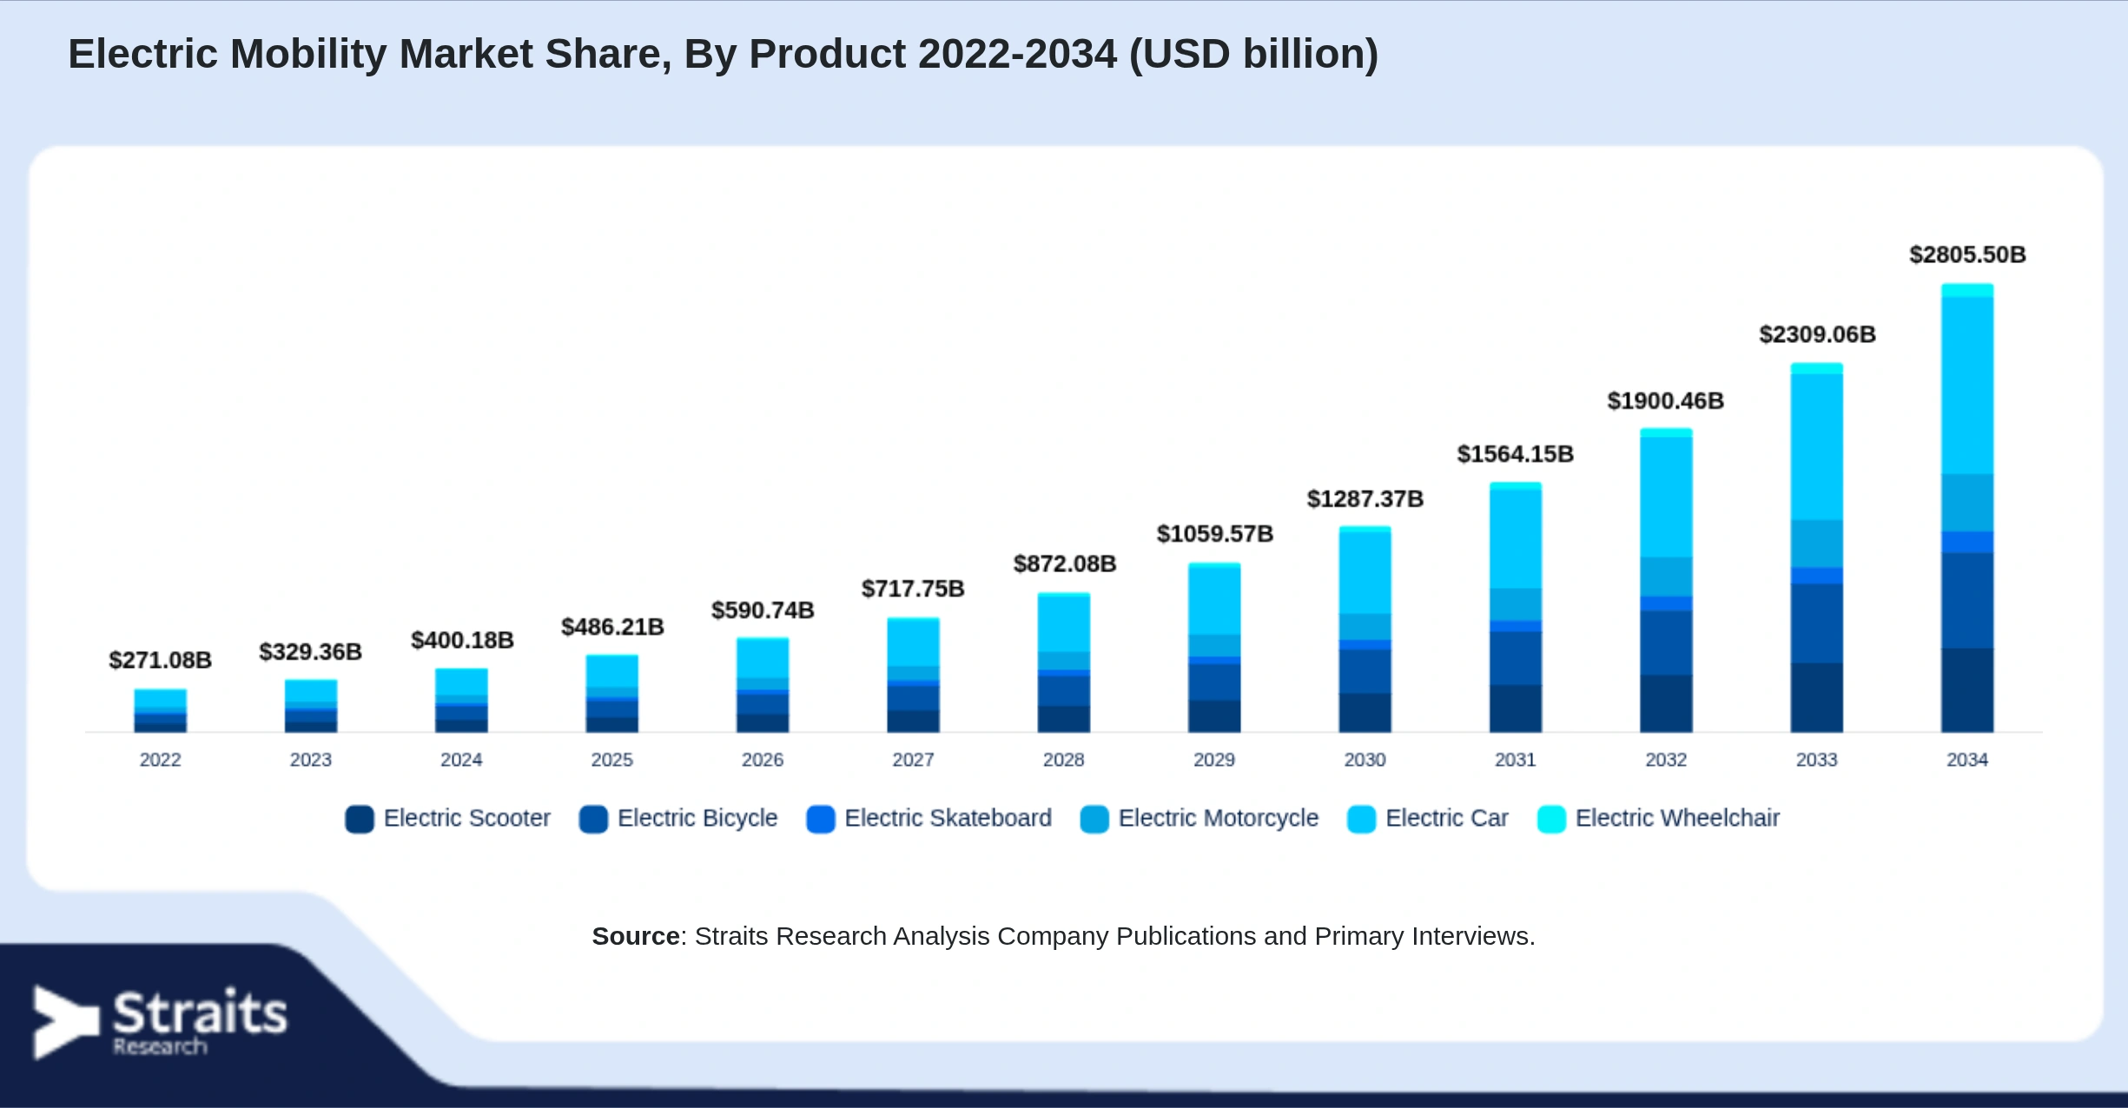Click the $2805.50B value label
coord(1967,254)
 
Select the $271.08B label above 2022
coord(160,660)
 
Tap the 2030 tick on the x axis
coord(1365,760)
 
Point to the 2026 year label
coord(763,760)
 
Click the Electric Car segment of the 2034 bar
coord(1967,386)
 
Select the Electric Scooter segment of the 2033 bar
coord(1816,697)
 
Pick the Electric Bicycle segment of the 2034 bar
coord(1967,601)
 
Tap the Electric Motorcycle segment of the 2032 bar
coord(1666,577)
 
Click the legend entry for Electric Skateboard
coord(929,818)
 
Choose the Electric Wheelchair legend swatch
coord(1551,819)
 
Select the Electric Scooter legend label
coord(467,818)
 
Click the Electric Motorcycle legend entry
coord(1199,818)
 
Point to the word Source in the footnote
coord(636,936)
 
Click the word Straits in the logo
coord(200,1012)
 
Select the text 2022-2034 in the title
coord(1017,54)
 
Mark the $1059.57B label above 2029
coord(1214,533)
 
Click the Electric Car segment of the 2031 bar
coord(1516,539)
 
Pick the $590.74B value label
coord(763,610)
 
